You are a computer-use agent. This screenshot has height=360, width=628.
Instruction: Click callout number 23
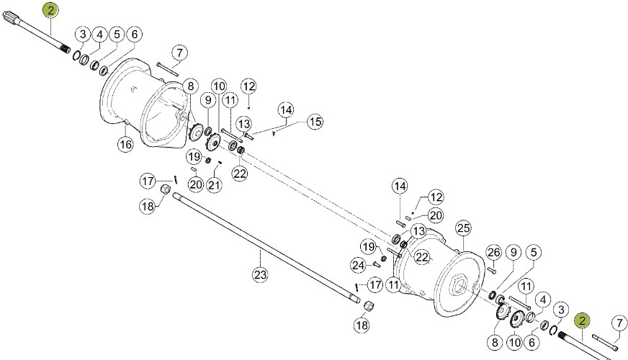point(259,274)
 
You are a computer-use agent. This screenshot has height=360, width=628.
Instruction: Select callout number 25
point(463,228)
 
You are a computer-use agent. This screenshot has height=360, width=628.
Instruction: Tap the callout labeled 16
point(125,144)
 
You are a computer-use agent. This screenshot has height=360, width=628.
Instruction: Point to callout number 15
point(315,122)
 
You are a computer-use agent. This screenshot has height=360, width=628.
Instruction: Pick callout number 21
point(214,186)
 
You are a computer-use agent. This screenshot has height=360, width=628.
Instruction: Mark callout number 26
point(493,252)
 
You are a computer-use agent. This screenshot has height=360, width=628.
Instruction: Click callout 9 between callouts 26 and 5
point(513,252)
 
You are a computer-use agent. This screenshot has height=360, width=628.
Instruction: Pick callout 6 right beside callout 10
point(533,343)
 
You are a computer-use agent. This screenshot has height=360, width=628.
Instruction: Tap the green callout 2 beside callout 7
point(581,321)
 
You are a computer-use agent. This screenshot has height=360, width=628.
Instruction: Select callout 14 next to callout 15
point(287,110)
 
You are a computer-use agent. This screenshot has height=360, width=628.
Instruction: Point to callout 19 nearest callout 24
point(368,247)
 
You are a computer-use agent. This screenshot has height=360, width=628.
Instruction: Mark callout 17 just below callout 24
point(374,286)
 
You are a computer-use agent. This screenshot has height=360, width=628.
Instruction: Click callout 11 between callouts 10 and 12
point(230,99)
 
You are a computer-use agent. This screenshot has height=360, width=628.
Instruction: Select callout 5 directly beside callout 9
point(534,252)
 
